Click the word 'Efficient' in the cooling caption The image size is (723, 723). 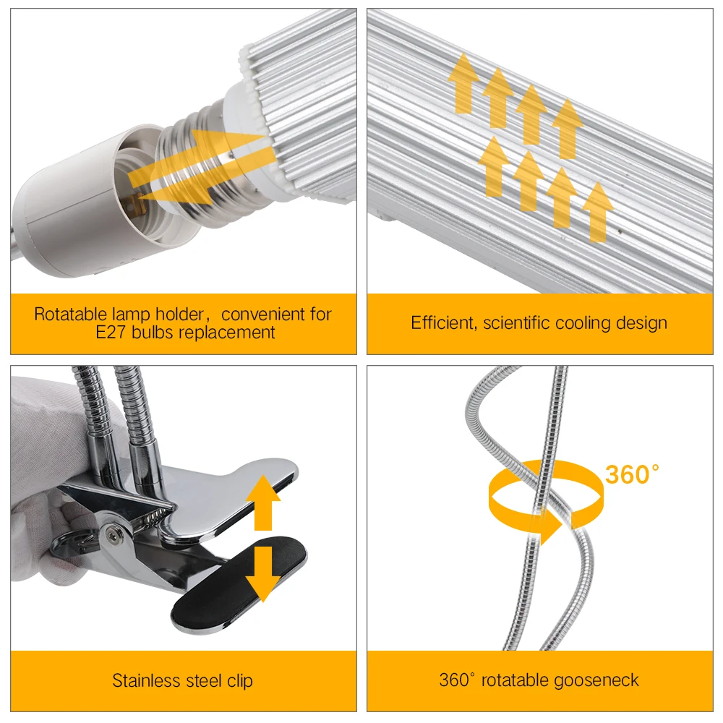(441, 323)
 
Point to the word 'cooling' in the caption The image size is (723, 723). (573, 323)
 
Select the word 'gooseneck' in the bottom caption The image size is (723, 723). (599, 680)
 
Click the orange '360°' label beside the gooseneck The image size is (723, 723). (631, 475)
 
